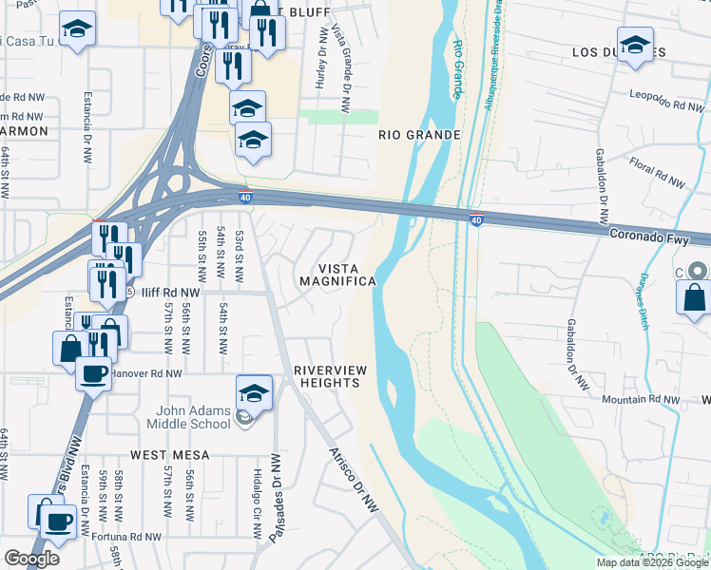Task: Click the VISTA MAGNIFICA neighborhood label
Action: point(337,275)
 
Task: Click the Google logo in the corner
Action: point(31,559)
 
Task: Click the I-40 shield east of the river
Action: point(476,220)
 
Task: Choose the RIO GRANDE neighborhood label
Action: point(419,135)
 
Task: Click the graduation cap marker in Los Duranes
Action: point(635,44)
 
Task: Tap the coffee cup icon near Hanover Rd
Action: point(93,372)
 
